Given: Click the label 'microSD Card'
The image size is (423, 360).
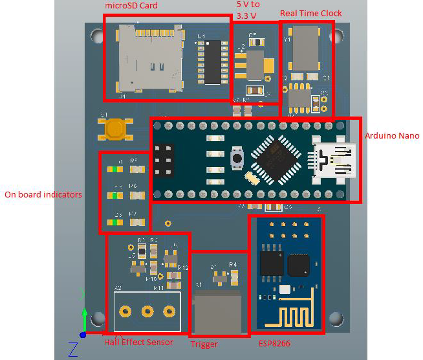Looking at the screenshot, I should pos(131,6).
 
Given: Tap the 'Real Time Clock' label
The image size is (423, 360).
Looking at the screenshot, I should pos(310,13).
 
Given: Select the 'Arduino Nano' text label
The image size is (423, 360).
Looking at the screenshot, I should pos(392,136).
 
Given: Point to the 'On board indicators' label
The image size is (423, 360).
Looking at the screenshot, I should pos(43,194).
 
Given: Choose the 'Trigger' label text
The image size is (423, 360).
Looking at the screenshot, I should pos(204,344).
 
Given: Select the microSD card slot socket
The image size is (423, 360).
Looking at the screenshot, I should pos(147,60).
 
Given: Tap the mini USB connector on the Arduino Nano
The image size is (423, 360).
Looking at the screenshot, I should pos(334,159).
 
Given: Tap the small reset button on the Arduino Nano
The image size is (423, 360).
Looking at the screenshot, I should pos(237,157).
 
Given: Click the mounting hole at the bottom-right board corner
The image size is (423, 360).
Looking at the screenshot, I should pos(336,318).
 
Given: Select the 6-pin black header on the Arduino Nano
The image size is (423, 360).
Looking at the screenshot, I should pos(164,159).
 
